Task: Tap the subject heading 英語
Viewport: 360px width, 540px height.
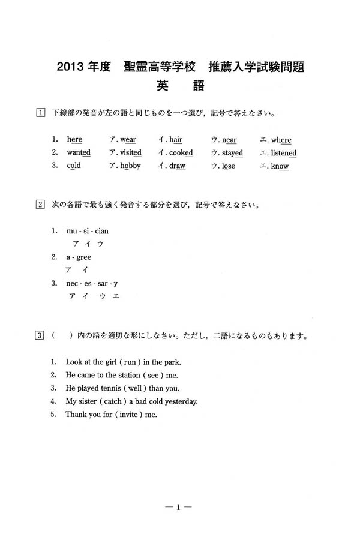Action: (179, 86)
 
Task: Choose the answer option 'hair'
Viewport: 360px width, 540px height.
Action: (175, 140)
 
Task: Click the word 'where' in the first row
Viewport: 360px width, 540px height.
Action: (281, 140)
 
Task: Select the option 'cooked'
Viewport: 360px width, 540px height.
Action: (181, 153)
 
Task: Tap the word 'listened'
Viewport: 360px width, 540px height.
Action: (284, 153)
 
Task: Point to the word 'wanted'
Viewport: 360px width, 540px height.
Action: (79, 153)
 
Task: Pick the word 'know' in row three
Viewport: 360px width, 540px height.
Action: (280, 166)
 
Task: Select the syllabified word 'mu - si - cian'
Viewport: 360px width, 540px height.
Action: (88, 231)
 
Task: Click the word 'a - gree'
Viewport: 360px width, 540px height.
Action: (79, 257)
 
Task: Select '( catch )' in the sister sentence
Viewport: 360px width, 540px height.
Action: (122, 401)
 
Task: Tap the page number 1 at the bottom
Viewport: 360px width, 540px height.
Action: (178, 507)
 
